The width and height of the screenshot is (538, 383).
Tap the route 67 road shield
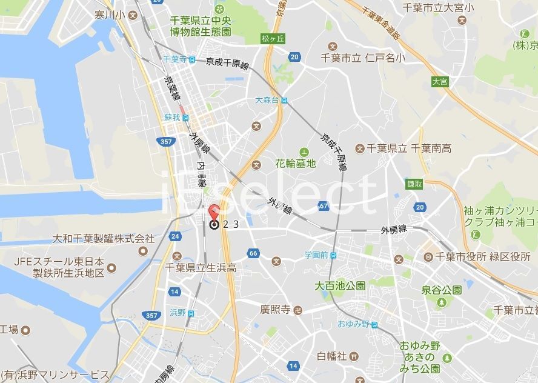tap(324, 206)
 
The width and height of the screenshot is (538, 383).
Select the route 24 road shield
tap(175, 236)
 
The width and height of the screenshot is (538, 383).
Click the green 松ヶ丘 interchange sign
tap(273, 38)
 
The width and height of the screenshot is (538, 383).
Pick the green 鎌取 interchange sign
tap(415, 184)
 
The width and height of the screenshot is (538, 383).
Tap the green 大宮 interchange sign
tap(440, 81)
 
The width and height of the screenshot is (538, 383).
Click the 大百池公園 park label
tap(340, 285)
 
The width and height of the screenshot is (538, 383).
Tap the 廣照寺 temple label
tap(276, 310)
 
